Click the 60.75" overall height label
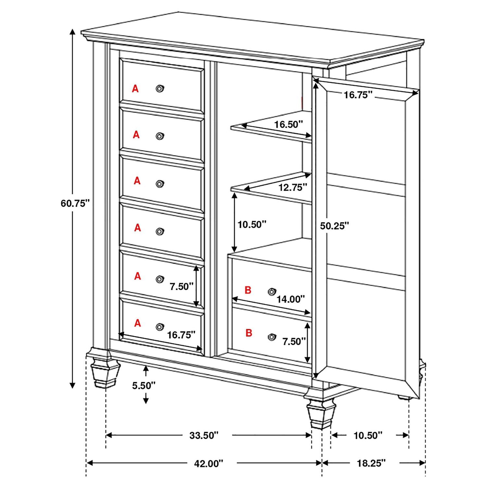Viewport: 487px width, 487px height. coord(75,203)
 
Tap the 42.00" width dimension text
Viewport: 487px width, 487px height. coord(208,463)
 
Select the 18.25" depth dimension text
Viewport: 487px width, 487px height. coord(371,463)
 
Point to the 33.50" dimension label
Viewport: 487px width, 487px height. coord(204,435)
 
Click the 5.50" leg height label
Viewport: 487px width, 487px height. coord(144,385)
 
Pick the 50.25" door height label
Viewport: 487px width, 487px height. coord(334,226)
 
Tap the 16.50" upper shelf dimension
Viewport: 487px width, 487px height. coord(288,124)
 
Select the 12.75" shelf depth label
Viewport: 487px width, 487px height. coord(293,187)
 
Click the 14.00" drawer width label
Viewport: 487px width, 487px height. coord(291,299)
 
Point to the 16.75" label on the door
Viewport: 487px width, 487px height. coord(358,95)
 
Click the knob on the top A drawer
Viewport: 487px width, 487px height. coord(159,88)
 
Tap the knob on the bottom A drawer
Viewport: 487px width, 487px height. coord(159,327)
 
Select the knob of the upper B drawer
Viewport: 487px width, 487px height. coord(272,292)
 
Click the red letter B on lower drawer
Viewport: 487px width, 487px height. coord(249,333)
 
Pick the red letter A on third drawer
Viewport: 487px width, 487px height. coord(137,181)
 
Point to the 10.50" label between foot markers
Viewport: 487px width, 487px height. coord(368,435)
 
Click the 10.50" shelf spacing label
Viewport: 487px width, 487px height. coord(252,224)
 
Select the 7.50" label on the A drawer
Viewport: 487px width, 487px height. coord(181,286)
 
